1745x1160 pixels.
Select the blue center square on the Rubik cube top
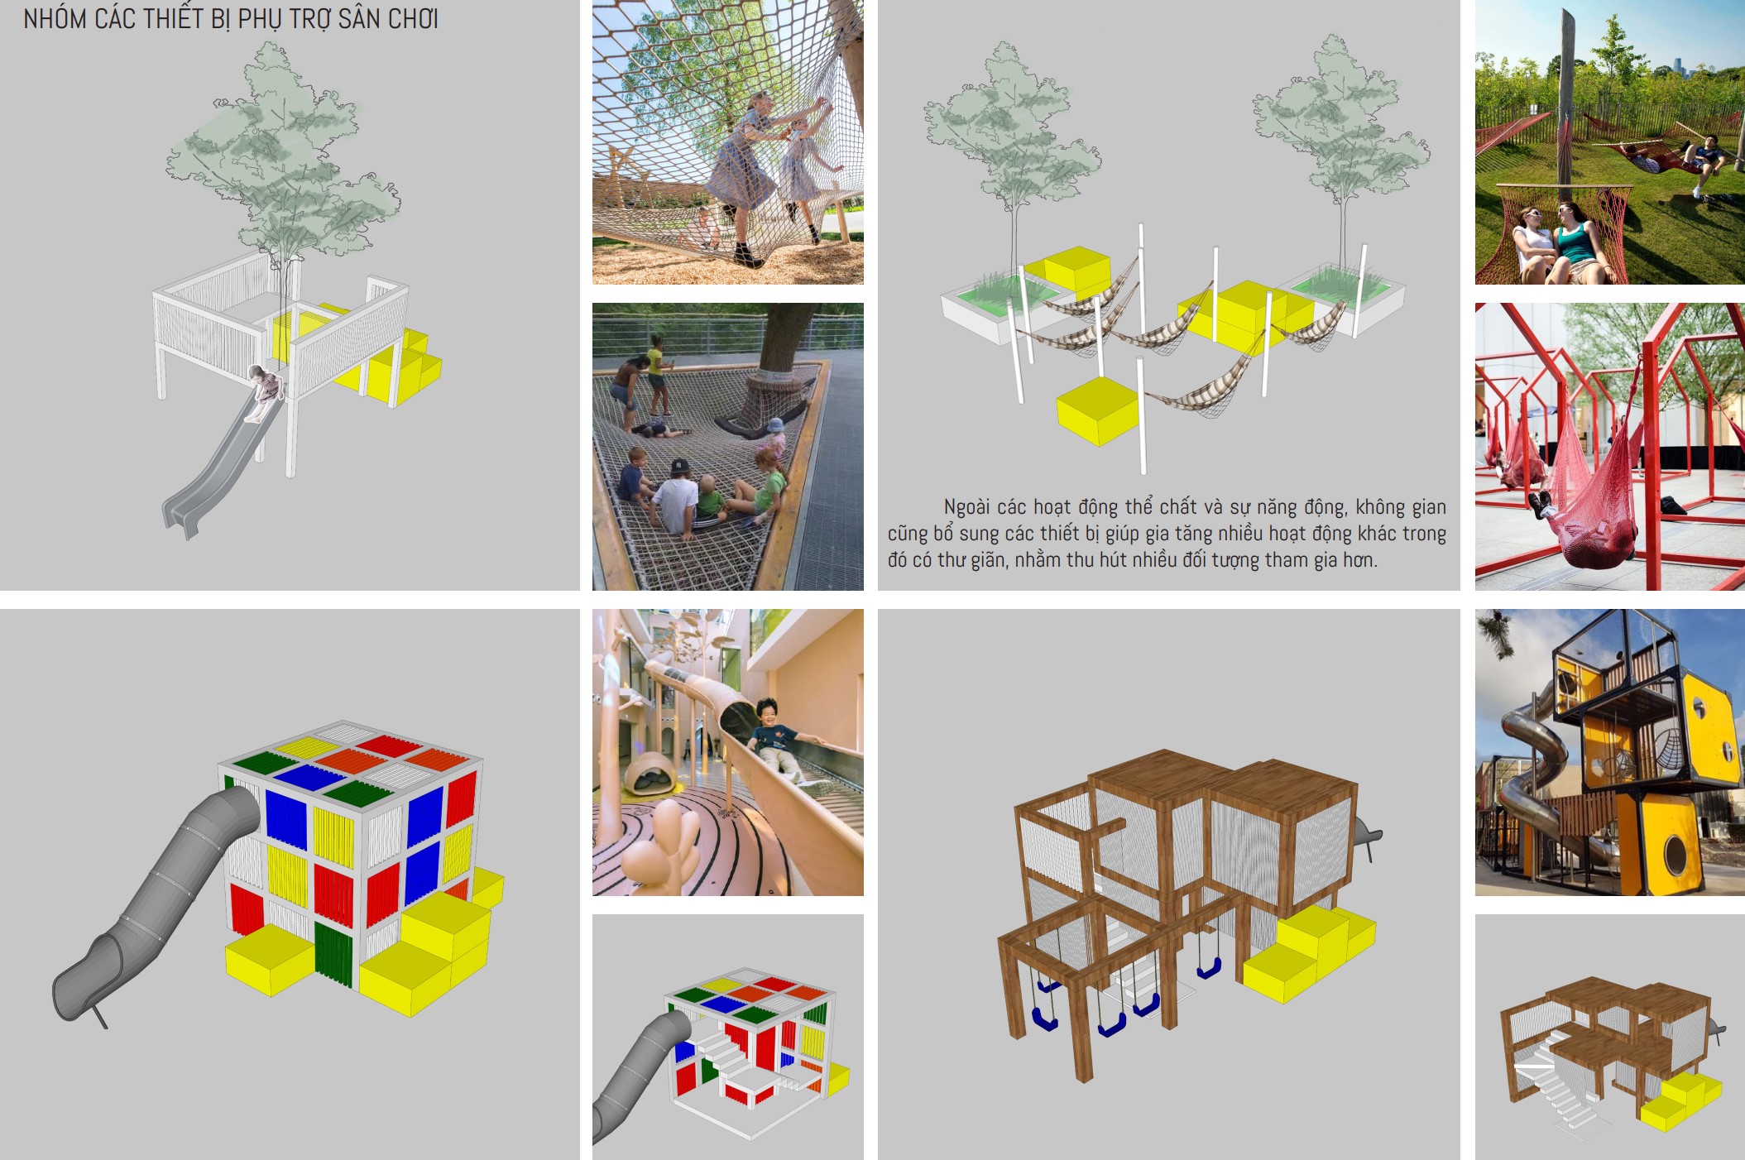click(x=309, y=777)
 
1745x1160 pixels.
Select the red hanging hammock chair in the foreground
click(x=1593, y=505)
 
